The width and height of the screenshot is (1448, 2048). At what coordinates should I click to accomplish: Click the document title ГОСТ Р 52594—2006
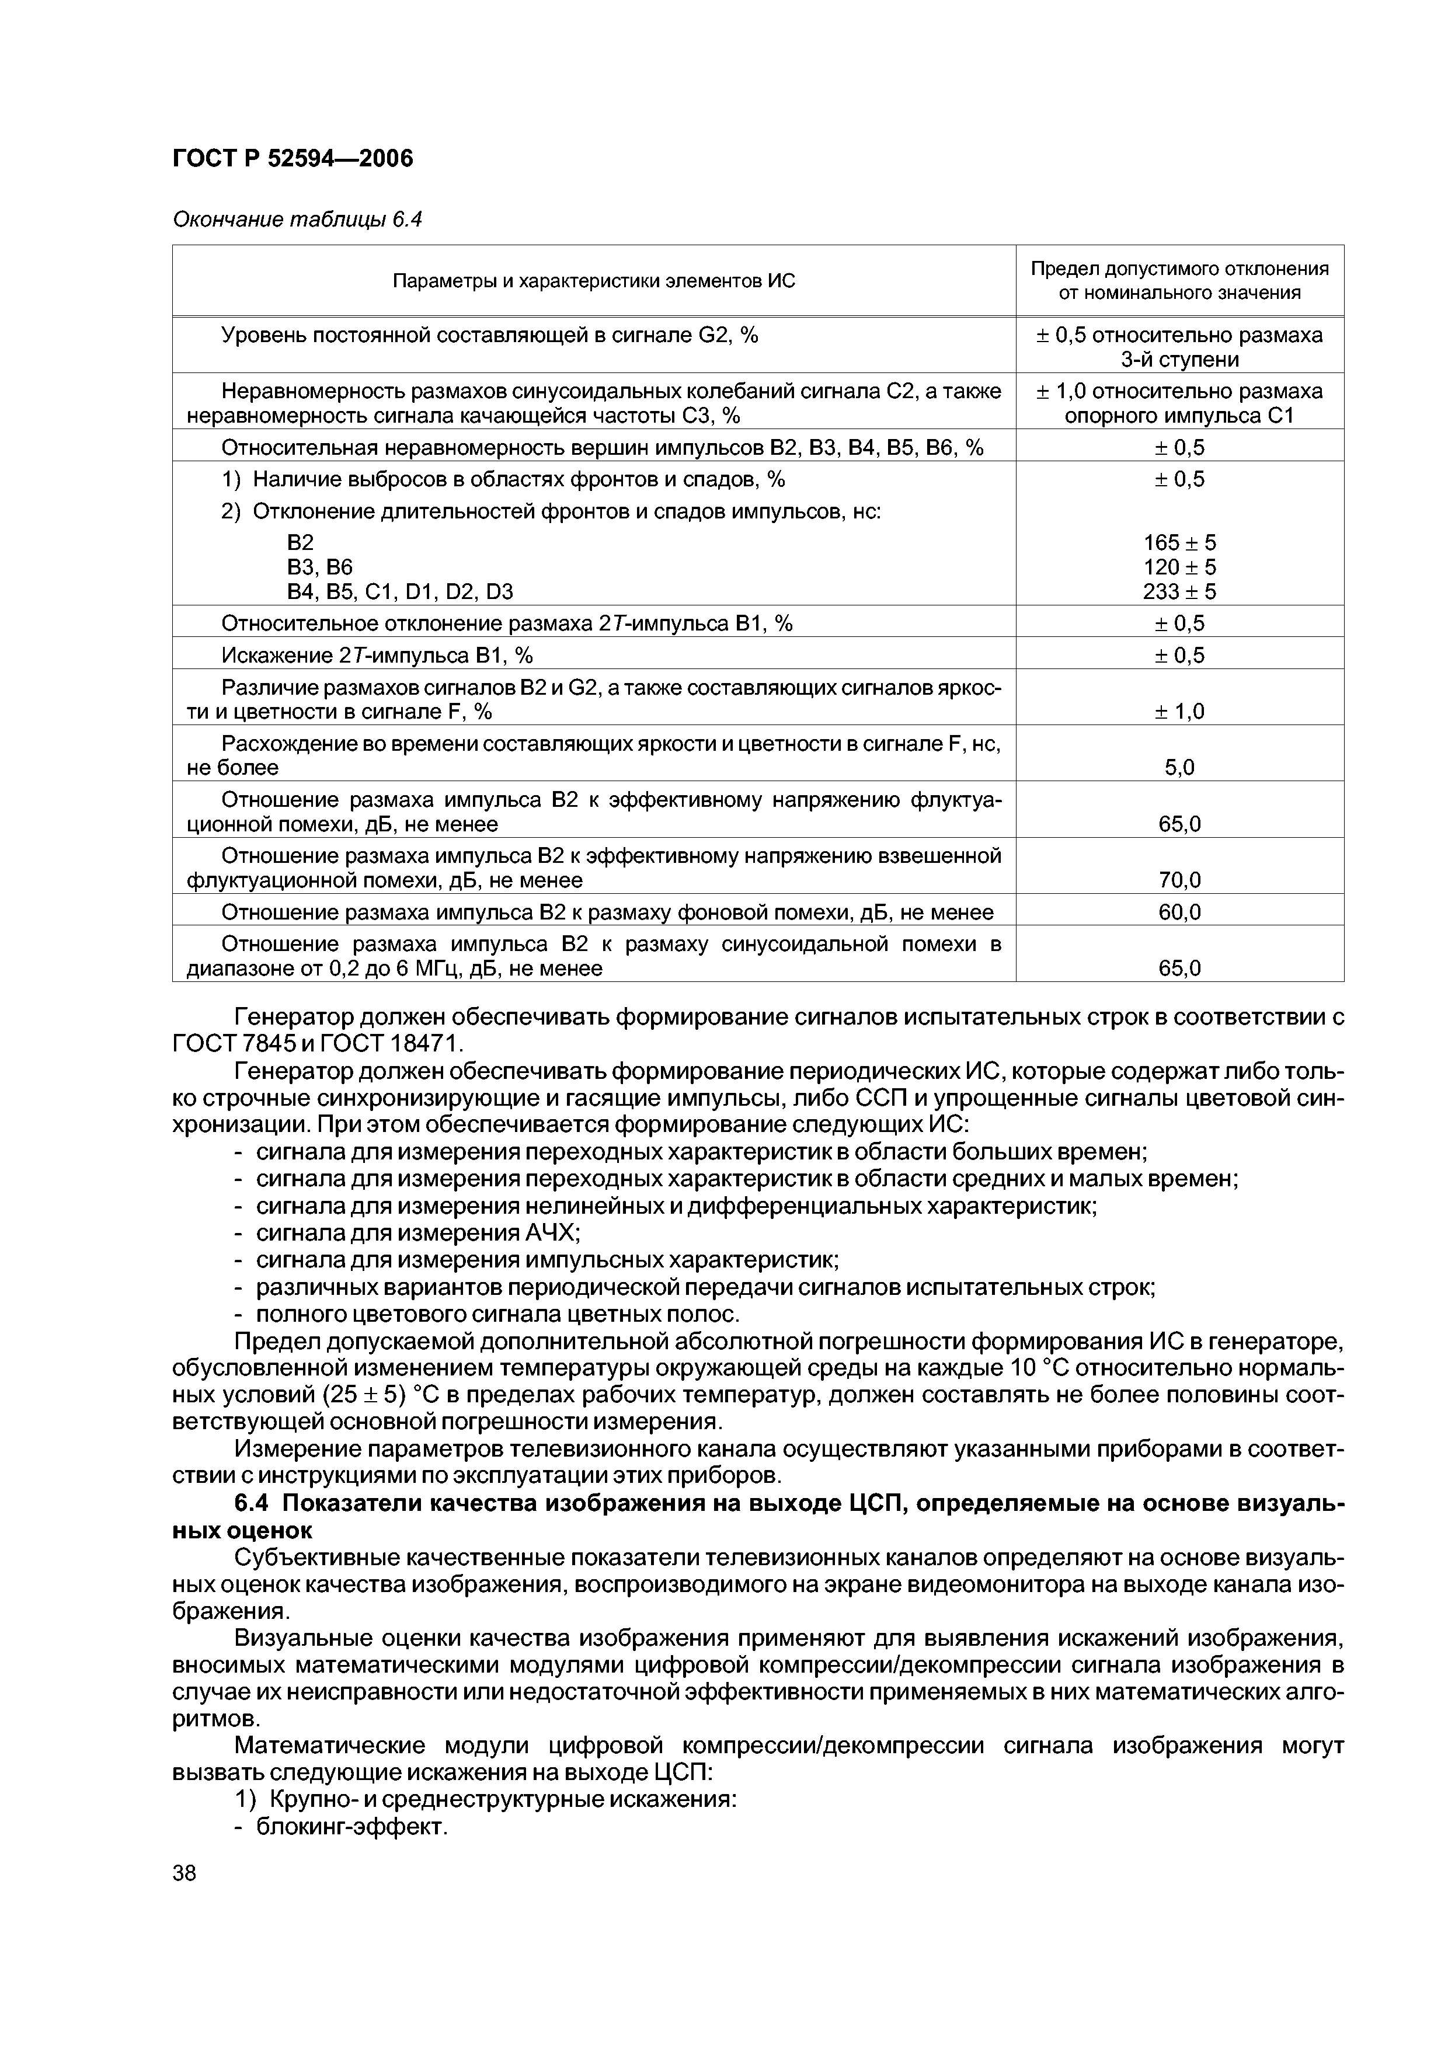293,159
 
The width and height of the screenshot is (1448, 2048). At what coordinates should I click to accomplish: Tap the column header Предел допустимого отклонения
1179,269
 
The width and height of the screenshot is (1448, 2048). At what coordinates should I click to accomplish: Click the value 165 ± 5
1179,542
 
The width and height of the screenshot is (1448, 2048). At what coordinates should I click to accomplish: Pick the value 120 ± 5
1179,567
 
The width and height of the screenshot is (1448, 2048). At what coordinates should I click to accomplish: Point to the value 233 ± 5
1179,591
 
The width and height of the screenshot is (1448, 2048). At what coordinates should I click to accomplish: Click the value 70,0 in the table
1179,880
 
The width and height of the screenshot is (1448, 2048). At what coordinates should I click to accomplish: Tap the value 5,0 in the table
1179,767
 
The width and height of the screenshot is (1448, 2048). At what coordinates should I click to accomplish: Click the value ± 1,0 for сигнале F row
1179,711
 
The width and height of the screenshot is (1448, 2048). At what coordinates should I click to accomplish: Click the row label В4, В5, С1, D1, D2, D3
400,591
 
